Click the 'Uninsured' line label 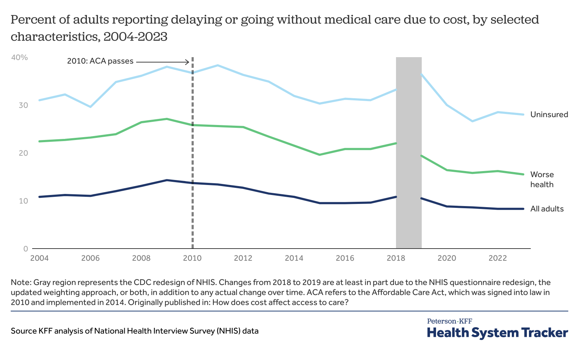click(x=549, y=115)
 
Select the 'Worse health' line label click(x=542, y=179)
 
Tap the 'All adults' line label click(x=547, y=209)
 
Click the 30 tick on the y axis click(x=24, y=105)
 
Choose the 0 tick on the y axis click(x=25, y=249)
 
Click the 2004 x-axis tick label click(x=39, y=258)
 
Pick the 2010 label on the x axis click(x=193, y=258)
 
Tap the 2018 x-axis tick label click(x=396, y=258)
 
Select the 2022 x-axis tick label click(x=498, y=258)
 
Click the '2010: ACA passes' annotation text click(x=100, y=61)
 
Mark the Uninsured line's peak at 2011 click(x=218, y=65)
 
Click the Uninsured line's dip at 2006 click(x=90, y=107)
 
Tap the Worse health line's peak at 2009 click(x=167, y=119)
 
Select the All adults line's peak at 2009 click(x=167, y=180)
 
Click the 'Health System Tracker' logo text click(x=498, y=332)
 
